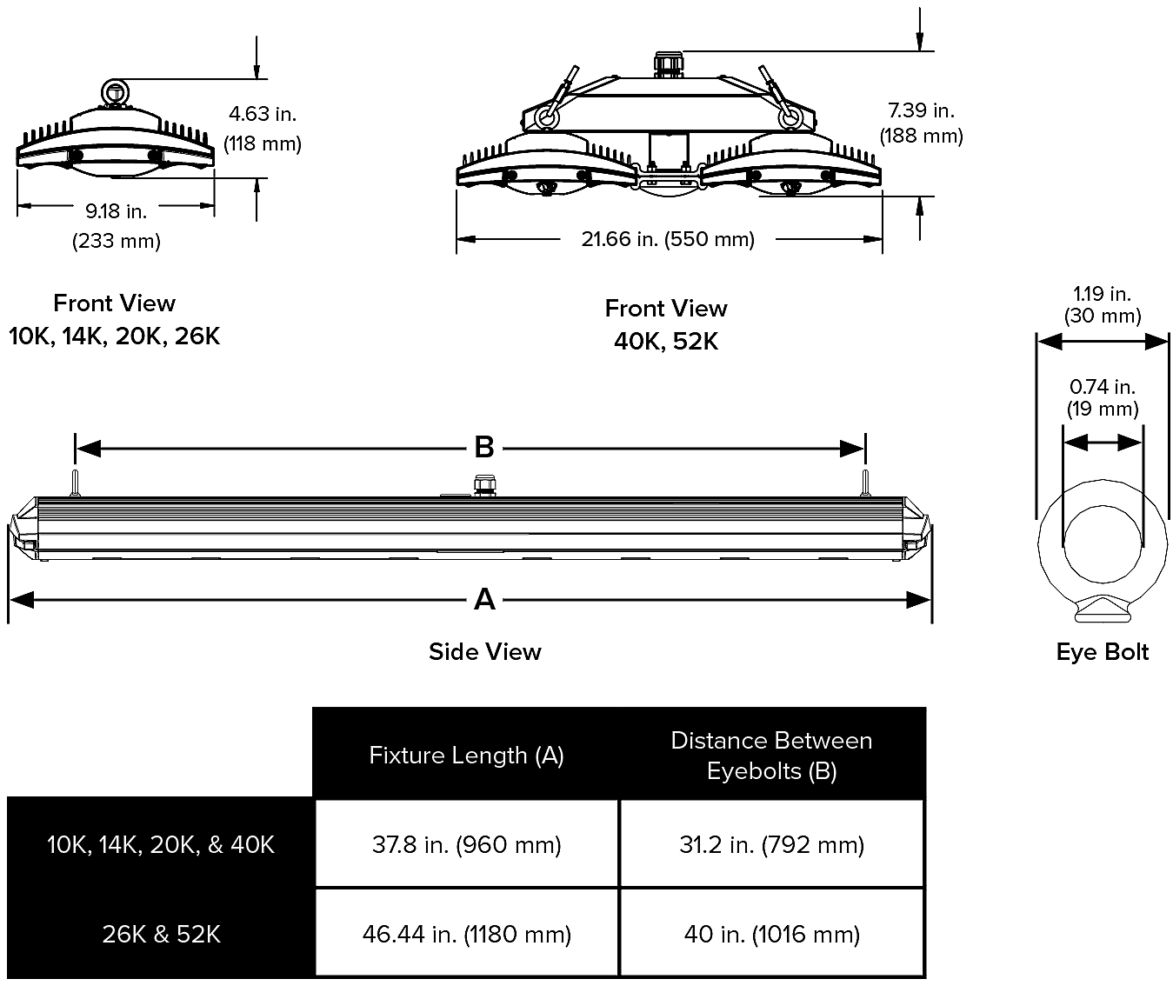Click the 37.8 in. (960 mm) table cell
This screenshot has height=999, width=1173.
click(x=467, y=844)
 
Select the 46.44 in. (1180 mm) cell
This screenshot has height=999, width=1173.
click(x=467, y=934)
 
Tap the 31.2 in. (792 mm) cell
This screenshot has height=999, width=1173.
click(x=771, y=844)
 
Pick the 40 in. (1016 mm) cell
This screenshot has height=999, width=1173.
click(x=771, y=934)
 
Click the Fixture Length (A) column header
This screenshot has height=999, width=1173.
click(x=467, y=755)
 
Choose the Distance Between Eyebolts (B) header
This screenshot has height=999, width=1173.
click(x=771, y=755)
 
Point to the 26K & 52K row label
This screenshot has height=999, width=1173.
click(x=161, y=934)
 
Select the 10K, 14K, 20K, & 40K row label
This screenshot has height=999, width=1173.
click(x=161, y=844)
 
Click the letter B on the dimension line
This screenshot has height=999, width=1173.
click(x=484, y=448)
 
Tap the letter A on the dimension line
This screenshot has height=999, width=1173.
click(x=484, y=599)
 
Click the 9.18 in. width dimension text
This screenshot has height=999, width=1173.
click(x=116, y=211)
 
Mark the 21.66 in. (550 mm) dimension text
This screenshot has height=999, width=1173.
click(x=667, y=239)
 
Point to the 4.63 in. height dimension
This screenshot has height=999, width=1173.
click(x=263, y=114)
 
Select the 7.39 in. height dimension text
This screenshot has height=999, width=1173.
click(x=921, y=110)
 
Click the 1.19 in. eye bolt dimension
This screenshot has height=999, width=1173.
click(x=1102, y=294)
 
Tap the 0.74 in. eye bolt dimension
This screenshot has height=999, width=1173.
click(x=1102, y=387)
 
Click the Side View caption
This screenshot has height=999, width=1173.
click(x=484, y=652)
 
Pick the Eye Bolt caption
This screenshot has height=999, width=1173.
click(x=1102, y=652)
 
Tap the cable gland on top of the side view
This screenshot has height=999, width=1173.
click(x=482, y=483)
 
